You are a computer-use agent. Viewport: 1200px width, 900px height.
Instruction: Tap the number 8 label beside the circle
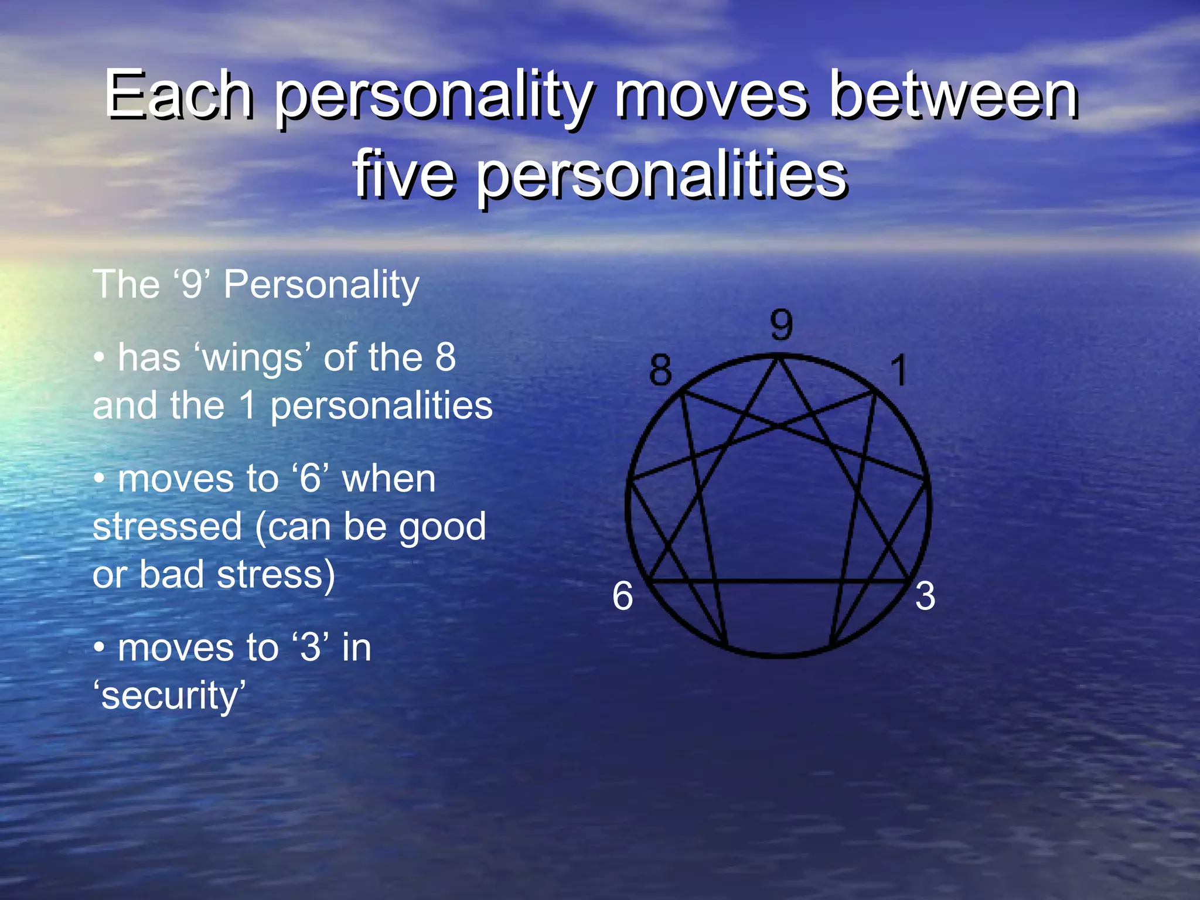[660, 370]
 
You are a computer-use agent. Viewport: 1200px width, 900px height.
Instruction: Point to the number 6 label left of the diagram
[622, 596]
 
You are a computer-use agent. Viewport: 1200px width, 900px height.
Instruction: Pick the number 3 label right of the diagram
[925, 596]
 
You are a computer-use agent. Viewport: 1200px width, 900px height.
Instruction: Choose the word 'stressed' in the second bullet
[167, 526]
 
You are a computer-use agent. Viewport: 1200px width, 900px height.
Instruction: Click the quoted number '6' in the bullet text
[310, 479]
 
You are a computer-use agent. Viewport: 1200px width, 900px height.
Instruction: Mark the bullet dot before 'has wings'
[100, 358]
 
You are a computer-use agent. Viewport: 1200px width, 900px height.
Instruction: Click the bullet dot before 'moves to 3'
[100, 648]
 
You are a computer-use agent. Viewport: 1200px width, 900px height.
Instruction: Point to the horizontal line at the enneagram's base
[779, 581]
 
